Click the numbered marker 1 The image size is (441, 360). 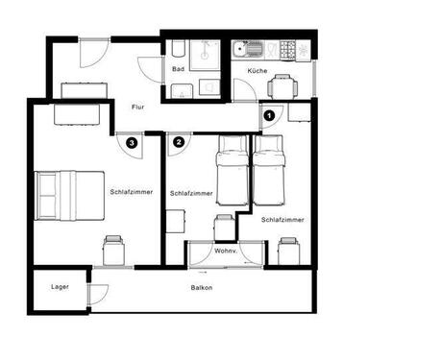click(x=269, y=115)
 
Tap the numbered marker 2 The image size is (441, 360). click(x=179, y=142)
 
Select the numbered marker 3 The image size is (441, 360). click(x=132, y=143)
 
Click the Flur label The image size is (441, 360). click(x=137, y=107)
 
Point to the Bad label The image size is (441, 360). click(x=178, y=69)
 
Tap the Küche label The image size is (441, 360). click(x=257, y=71)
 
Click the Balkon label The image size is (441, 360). click(x=202, y=288)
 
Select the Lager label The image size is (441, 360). click(x=60, y=287)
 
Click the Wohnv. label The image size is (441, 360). click(x=226, y=251)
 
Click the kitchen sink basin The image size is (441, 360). click(x=239, y=50)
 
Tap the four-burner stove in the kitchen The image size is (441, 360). click(x=287, y=51)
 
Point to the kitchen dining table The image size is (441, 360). click(x=282, y=87)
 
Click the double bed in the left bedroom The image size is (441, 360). click(x=69, y=196)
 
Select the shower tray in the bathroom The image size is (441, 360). click(x=205, y=55)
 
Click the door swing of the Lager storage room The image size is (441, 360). click(x=98, y=295)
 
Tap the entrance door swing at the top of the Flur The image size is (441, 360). click(x=93, y=53)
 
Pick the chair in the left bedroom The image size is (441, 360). click(x=113, y=251)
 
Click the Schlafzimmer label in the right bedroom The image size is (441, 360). click(x=282, y=220)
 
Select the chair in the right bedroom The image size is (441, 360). click(x=289, y=252)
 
